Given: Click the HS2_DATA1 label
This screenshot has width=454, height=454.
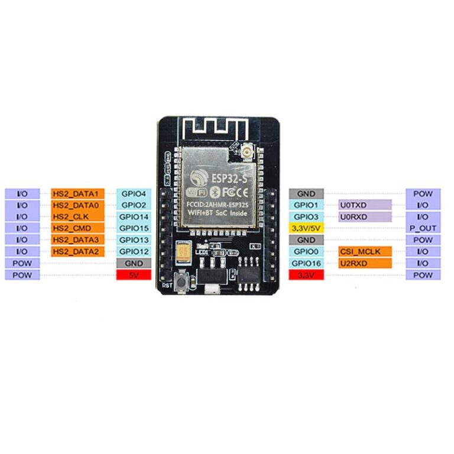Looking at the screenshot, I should (x=78, y=193).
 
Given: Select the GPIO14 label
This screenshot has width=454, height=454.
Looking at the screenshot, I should (x=134, y=216).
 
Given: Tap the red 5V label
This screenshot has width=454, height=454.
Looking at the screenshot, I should (x=134, y=274).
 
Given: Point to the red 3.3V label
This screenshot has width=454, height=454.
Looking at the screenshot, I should (x=306, y=275).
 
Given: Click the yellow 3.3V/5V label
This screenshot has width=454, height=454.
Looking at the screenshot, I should (x=306, y=228).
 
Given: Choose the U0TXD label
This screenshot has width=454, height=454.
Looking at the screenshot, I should (x=364, y=205).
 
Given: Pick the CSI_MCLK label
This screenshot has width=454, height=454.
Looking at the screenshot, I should (x=364, y=252).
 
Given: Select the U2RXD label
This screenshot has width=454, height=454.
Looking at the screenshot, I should (x=364, y=263).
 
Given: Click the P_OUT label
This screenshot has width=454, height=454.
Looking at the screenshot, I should (x=423, y=228).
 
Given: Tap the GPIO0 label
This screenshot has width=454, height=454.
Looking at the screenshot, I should (x=306, y=252).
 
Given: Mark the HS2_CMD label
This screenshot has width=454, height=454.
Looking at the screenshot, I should (x=78, y=228).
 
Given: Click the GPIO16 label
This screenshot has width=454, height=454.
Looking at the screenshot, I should (x=306, y=263).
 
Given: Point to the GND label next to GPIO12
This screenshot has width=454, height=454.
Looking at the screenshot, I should (x=134, y=263).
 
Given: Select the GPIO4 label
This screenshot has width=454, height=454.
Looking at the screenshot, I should (x=134, y=193).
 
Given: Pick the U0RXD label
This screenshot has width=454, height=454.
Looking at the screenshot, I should (x=364, y=216).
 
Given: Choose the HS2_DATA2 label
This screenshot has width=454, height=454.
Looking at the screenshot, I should (x=78, y=252).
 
